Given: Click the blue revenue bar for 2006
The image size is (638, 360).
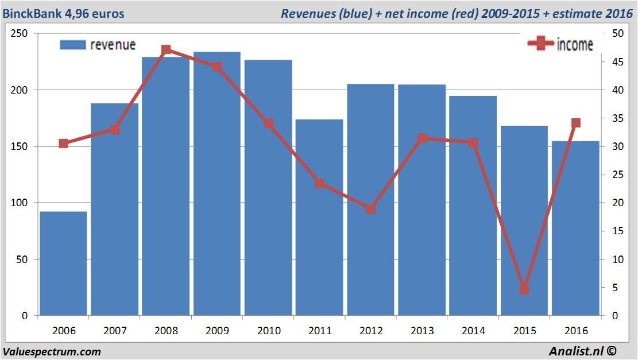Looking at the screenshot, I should [63, 264].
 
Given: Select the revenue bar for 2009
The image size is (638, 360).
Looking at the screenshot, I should [216, 184].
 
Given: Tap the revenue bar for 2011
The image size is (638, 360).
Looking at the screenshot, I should [319, 218].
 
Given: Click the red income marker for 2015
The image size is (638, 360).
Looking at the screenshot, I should [524, 289].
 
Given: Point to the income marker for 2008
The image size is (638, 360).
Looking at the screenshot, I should [166, 50].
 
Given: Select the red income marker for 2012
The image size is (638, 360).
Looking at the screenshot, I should [370, 209].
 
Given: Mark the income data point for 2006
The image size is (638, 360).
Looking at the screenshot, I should [63, 144].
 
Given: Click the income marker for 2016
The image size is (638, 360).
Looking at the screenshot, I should [575, 123].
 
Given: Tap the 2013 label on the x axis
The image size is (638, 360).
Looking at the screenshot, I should [422, 331].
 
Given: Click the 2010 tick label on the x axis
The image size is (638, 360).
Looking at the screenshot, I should [268, 331].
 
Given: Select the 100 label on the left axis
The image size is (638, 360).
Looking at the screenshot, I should [20, 203].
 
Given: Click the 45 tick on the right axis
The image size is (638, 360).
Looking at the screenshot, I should [615, 62].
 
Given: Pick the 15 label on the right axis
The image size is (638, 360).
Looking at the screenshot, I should [615, 231].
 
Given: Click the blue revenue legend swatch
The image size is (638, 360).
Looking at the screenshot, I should [72, 45].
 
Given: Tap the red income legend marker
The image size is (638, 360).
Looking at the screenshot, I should [540, 44].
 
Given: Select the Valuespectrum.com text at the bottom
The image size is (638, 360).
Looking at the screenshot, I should [52, 351].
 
